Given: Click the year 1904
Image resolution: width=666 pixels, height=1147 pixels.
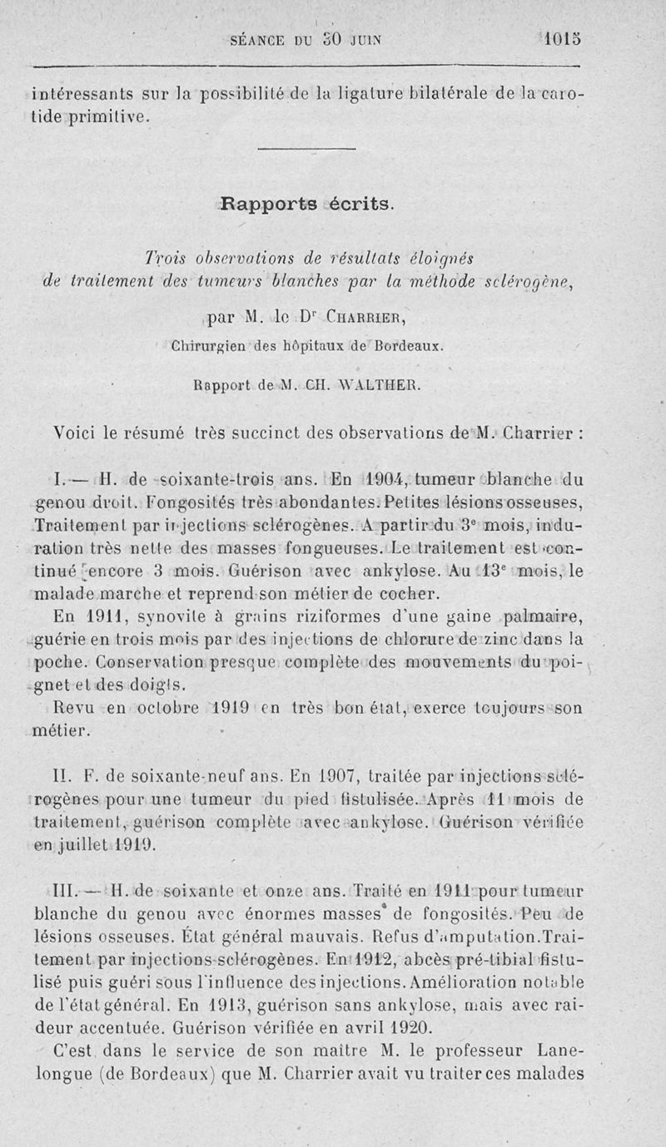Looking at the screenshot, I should click(x=385, y=478).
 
